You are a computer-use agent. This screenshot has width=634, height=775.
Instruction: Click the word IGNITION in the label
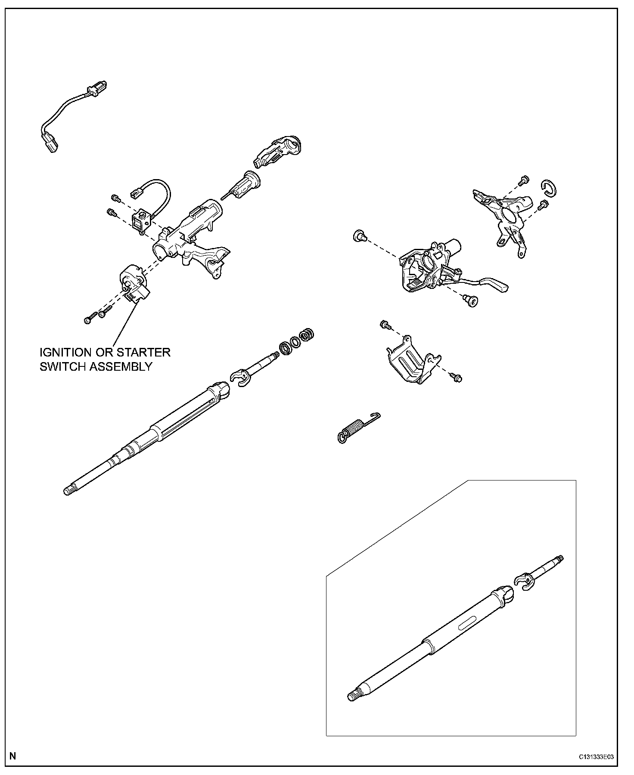click(65, 352)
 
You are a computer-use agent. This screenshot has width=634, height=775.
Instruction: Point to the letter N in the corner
click(12, 756)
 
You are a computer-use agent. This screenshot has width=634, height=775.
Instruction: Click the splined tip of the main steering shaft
click(69, 490)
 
